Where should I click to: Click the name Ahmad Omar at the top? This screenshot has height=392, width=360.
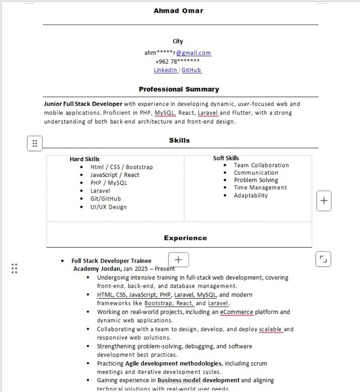click(178, 10)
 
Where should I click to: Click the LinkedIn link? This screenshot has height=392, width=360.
click(166, 70)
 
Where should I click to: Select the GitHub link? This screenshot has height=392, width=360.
click(191, 70)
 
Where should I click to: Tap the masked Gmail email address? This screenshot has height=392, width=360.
click(178, 53)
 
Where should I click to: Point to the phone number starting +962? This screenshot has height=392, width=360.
click(177, 62)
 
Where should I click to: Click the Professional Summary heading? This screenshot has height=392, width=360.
click(179, 89)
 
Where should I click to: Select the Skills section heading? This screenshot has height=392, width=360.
click(180, 140)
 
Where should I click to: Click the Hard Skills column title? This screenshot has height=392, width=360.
click(85, 159)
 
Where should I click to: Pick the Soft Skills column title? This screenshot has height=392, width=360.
click(226, 158)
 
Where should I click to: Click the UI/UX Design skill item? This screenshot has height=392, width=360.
click(108, 207)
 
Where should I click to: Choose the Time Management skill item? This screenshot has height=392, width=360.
click(260, 188)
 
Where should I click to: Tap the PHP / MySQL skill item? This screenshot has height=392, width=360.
click(108, 183)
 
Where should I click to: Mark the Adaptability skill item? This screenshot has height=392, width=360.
click(251, 195)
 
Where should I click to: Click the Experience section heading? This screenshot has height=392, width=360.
click(185, 238)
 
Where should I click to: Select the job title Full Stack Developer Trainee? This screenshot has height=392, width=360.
click(112, 261)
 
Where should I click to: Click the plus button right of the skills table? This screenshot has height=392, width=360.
click(324, 200)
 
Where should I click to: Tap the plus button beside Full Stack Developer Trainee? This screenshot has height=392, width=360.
click(179, 259)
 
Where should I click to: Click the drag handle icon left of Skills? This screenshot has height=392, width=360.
click(35, 144)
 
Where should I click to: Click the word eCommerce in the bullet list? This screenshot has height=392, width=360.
click(237, 312)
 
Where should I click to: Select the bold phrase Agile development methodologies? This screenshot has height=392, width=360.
click(174, 363)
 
